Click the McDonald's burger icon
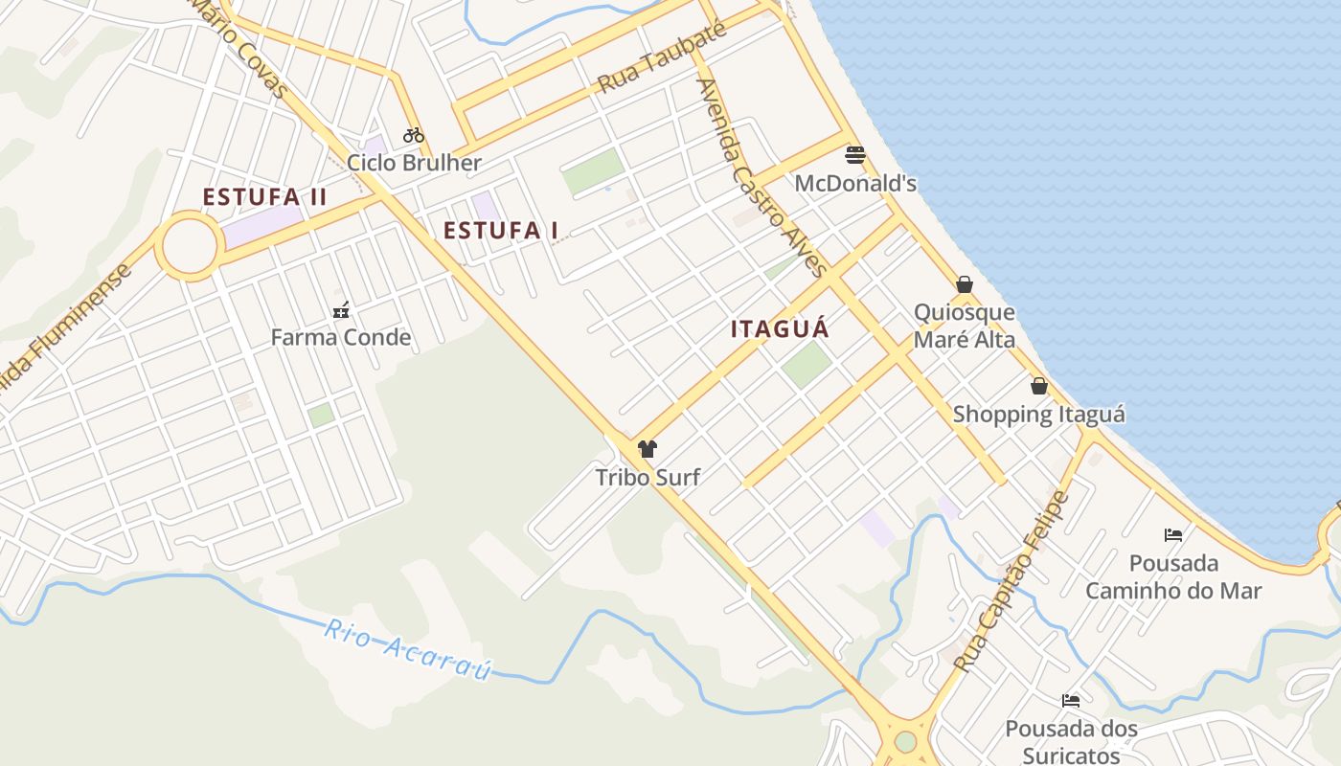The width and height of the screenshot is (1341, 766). click(x=855, y=155)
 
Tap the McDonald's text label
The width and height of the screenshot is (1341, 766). click(x=855, y=183)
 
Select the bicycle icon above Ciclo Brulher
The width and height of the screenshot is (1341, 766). click(x=414, y=135)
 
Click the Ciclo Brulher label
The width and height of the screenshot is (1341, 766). click(x=414, y=163)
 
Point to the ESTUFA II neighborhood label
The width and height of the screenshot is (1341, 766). click(x=264, y=197)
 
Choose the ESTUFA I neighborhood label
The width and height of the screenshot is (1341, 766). click(x=501, y=230)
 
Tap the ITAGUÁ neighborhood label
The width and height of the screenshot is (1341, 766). click(x=780, y=328)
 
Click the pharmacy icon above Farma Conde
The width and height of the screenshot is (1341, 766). click(x=340, y=309)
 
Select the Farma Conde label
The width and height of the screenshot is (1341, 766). click(x=340, y=337)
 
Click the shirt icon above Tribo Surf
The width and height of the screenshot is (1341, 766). click(x=648, y=448)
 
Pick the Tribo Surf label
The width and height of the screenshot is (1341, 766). click(x=648, y=476)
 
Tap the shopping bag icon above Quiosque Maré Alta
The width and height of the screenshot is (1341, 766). click(x=965, y=284)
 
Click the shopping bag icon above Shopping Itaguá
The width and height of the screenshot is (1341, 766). click(x=1039, y=386)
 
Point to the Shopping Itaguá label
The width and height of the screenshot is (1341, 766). click(x=1039, y=415)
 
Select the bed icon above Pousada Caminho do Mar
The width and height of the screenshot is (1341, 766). click(x=1173, y=534)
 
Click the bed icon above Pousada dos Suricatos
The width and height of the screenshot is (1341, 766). click(x=1071, y=701)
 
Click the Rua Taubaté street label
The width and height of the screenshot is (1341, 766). click(x=661, y=57)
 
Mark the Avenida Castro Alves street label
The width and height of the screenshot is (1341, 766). click(x=761, y=177)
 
